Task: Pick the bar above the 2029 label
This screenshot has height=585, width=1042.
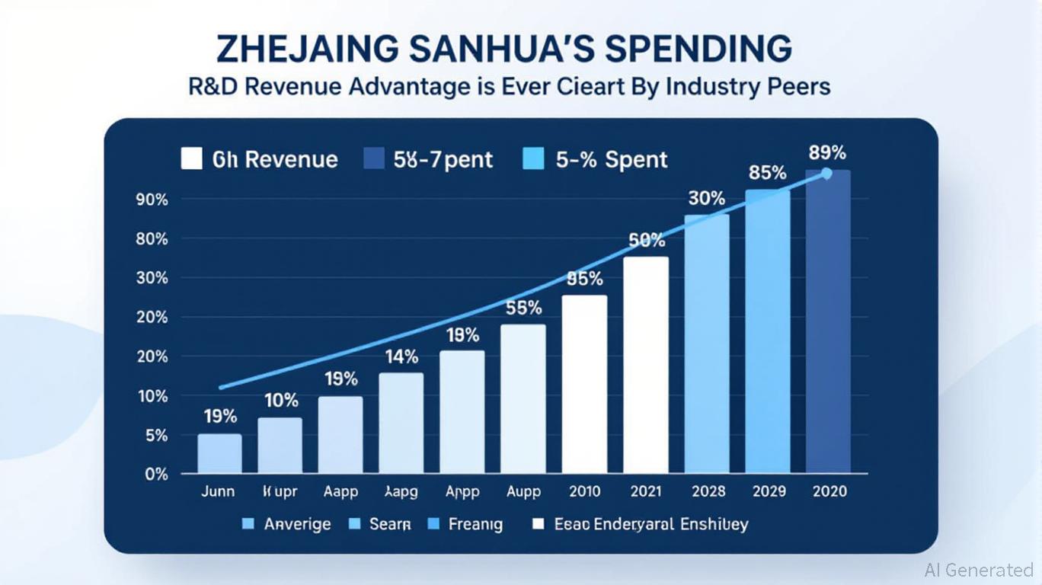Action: tap(768, 331)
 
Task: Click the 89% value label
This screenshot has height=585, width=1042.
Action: tap(827, 152)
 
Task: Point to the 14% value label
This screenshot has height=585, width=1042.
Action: tap(401, 356)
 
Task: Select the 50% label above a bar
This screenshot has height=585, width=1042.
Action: tap(647, 241)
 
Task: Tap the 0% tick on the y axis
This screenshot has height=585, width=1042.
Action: tap(155, 474)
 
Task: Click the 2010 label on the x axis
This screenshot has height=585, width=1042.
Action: tap(585, 491)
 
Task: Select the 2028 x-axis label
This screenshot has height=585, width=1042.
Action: tap(708, 491)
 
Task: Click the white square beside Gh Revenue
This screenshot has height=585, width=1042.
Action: tap(191, 159)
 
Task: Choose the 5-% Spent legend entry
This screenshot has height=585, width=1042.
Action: tap(595, 159)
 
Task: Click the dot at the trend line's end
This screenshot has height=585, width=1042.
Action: tap(826, 174)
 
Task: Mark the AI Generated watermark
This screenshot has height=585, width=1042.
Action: tap(978, 570)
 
